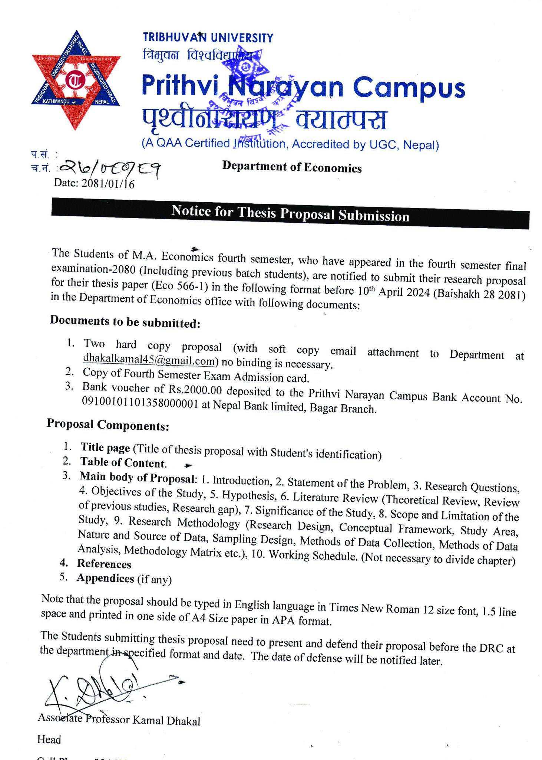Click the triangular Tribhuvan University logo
pos(76,80)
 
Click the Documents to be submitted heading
pos(125,322)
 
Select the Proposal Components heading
pos(108,425)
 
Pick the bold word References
pos(104,564)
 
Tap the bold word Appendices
pos(105,579)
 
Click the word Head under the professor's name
pos(49,740)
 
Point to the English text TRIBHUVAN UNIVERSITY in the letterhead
pos(208,37)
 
